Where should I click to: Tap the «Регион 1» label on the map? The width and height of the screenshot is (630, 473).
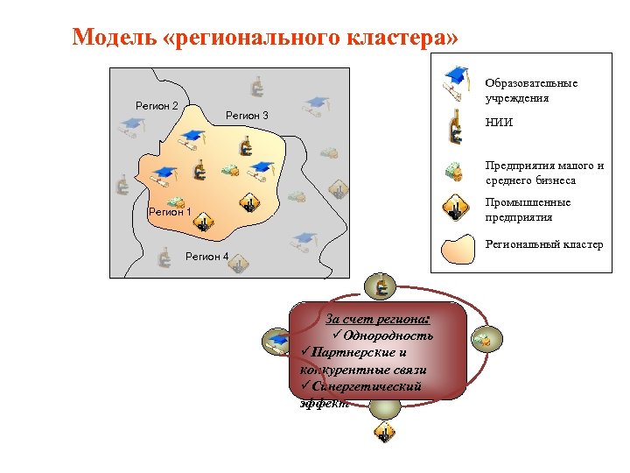170,211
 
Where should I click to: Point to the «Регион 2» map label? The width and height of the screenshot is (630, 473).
157,106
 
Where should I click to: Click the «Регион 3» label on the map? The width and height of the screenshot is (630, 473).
247,116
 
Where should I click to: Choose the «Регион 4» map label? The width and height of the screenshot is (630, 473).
207,257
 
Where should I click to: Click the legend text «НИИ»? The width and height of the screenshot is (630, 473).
500,123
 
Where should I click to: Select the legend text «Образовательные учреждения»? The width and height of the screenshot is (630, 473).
531,90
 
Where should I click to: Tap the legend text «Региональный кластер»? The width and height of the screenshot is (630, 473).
544,244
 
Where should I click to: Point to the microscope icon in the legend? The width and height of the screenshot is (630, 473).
454,128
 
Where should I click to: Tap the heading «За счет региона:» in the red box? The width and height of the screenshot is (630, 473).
382,319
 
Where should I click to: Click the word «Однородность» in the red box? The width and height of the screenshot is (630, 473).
388,335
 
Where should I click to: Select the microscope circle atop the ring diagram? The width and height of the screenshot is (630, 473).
381,286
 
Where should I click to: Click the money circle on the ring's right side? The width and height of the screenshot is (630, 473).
482,338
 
